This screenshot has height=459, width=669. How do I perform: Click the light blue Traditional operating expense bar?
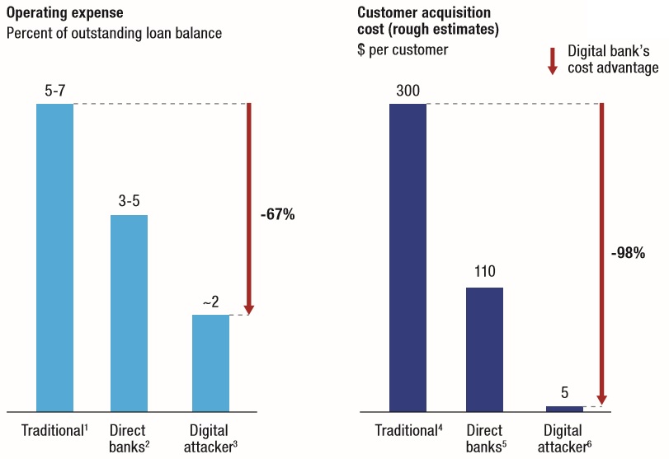click(x=54, y=257)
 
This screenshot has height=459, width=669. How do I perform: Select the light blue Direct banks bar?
click(x=129, y=313)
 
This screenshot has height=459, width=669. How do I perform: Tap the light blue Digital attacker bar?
click(x=210, y=363)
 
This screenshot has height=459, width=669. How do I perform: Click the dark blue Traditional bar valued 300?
click(x=408, y=257)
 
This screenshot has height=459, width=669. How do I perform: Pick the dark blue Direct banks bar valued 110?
click(x=484, y=349)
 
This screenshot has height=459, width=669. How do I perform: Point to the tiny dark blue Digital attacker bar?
click(x=564, y=408)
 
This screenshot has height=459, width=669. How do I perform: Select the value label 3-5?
click(x=129, y=202)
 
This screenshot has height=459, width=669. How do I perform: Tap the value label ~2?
click(x=210, y=302)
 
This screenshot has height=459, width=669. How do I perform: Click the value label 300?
click(x=408, y=91)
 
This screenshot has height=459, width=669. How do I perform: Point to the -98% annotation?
click(x=628, y=254)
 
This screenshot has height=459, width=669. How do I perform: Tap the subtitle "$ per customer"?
click(x=403, y=50)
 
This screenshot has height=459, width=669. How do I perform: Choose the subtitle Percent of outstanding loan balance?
click(x=114, y=34)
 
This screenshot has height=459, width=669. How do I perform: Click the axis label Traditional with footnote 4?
click(x=410, y=431)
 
